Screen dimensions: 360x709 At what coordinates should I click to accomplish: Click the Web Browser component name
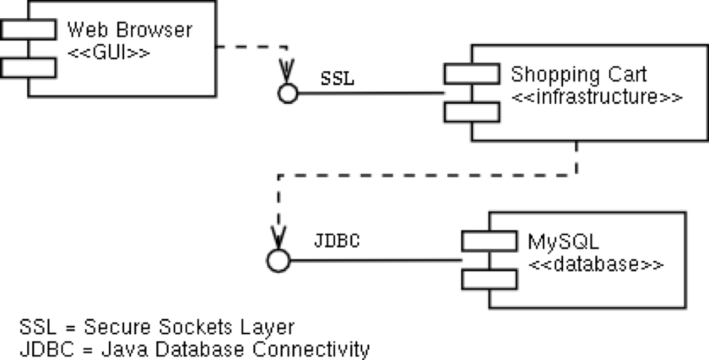pos(129,31)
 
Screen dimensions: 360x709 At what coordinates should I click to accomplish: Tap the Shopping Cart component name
pos(579,75)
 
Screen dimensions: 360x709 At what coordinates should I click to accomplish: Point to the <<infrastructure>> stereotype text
pos(597,97)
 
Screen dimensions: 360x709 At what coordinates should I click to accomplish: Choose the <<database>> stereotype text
pos(595,265)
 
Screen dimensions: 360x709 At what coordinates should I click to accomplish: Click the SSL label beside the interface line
pos(338,79)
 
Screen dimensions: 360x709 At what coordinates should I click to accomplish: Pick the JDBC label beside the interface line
pos(337,241)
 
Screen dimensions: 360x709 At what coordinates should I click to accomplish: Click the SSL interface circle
pos(288,93)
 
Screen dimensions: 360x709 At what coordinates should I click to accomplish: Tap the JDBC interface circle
pos(277,261)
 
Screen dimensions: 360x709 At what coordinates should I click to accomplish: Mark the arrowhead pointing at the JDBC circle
pos(278,237)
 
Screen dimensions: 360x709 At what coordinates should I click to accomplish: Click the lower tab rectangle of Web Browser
pos(28,67)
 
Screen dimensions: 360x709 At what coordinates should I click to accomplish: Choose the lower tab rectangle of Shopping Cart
pos(471,112)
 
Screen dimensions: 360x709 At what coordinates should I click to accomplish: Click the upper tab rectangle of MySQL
pos(489,241)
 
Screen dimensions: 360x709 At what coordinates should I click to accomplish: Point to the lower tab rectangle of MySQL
pos(489,278)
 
